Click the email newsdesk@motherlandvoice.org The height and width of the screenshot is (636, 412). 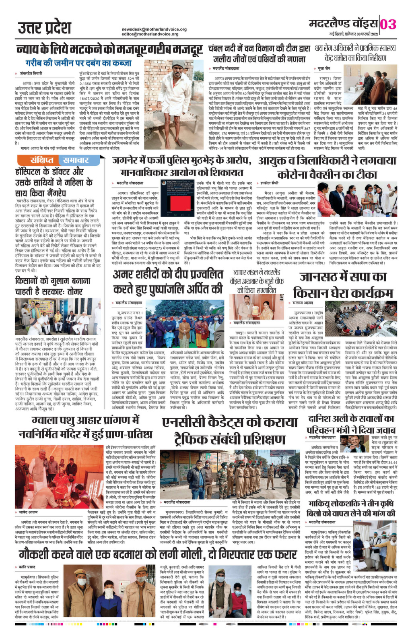[x=154, y=29]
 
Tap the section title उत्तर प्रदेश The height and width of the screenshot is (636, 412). [x=44, y=28]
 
